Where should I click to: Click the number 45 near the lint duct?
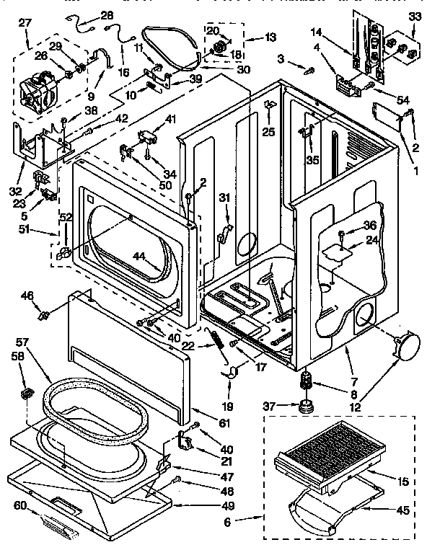pos(403,510)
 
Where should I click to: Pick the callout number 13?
pos(250,37)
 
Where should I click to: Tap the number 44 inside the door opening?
pos(138,257)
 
